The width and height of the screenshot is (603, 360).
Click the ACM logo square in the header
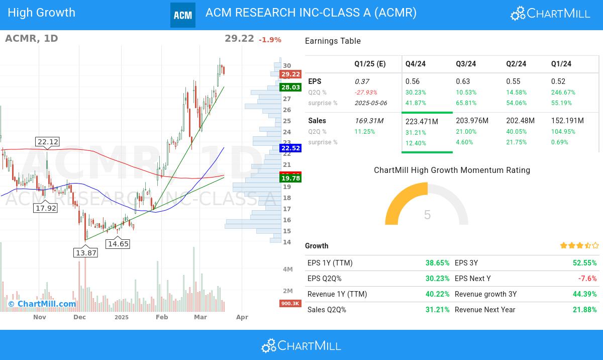(x=182, y=15)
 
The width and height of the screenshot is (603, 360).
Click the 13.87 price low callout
(x=85, y=253)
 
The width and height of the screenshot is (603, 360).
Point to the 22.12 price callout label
(x=48, y=142)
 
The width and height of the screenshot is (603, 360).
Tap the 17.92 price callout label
(x=45, y=208)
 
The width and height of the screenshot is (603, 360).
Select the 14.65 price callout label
(x=118, y=244)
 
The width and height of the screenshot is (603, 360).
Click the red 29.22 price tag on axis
(x=290, y=74)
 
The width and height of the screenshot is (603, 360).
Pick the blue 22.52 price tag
(x=290, y=148)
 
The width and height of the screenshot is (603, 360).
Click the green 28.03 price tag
(x=290, y=87)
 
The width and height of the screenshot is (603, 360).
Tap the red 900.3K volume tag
(x=290, y=303)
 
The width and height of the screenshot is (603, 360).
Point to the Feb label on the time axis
(x=162, y=317)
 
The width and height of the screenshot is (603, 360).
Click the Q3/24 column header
(x=466, y=64)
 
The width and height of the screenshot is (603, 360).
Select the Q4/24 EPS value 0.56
(x=413, y=81)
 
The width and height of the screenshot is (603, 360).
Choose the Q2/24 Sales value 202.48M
(x=520, y=121)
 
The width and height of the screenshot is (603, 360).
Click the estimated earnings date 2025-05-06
(x=371, y=103)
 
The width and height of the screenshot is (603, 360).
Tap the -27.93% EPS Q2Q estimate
(x=366, y=93)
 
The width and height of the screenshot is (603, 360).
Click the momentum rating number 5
(x=427, y=215)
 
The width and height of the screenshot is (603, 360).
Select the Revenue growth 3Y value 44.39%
(x=584, y=294)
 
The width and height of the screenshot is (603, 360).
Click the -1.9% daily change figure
(x=270, y=40)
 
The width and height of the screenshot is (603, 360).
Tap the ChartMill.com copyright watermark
(x=42, y=304)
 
